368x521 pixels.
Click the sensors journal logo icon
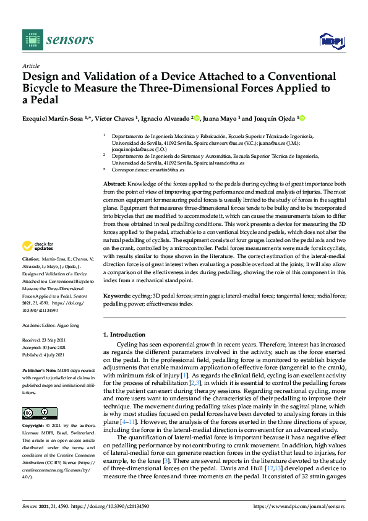click(30, 39)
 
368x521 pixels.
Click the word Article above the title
click(30, 66)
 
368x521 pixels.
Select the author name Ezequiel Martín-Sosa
click(51, 118)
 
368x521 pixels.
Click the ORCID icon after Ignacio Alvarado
click(195, 118)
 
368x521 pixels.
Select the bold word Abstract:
click(114, 184)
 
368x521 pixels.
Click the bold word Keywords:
click(116, 296)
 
